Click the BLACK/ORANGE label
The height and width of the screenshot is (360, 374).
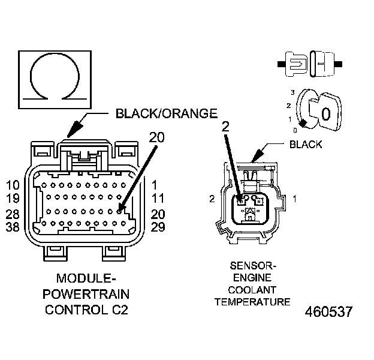tap(165, 113)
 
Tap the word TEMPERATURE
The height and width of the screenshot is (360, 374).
tap(252, 301)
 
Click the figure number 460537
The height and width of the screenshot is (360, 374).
tap(328, 313)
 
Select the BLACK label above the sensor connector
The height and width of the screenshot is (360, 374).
tap(305, 144)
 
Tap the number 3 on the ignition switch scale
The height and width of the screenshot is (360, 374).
tap(292, 92)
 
